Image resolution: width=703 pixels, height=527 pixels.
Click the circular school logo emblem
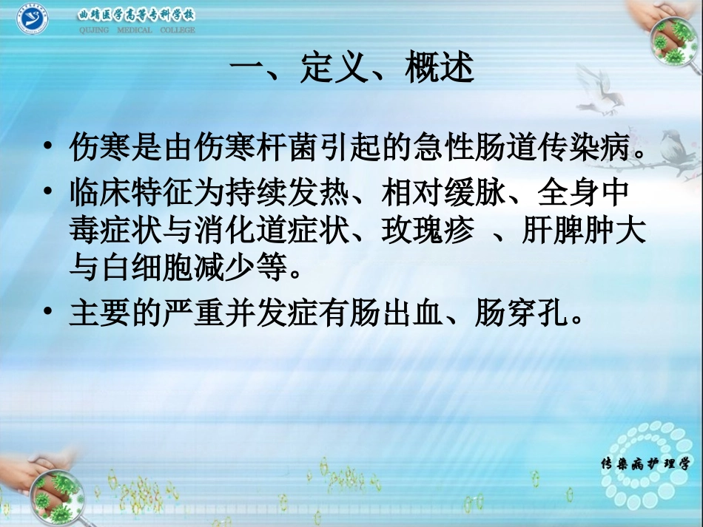click(32, 20)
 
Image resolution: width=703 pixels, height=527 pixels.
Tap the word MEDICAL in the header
click(135, 30)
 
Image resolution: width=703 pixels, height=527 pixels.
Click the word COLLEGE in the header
click(178, 30)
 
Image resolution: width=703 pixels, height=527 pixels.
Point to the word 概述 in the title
click(440, 69)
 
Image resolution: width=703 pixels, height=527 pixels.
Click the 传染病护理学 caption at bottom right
click(645, 464)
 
